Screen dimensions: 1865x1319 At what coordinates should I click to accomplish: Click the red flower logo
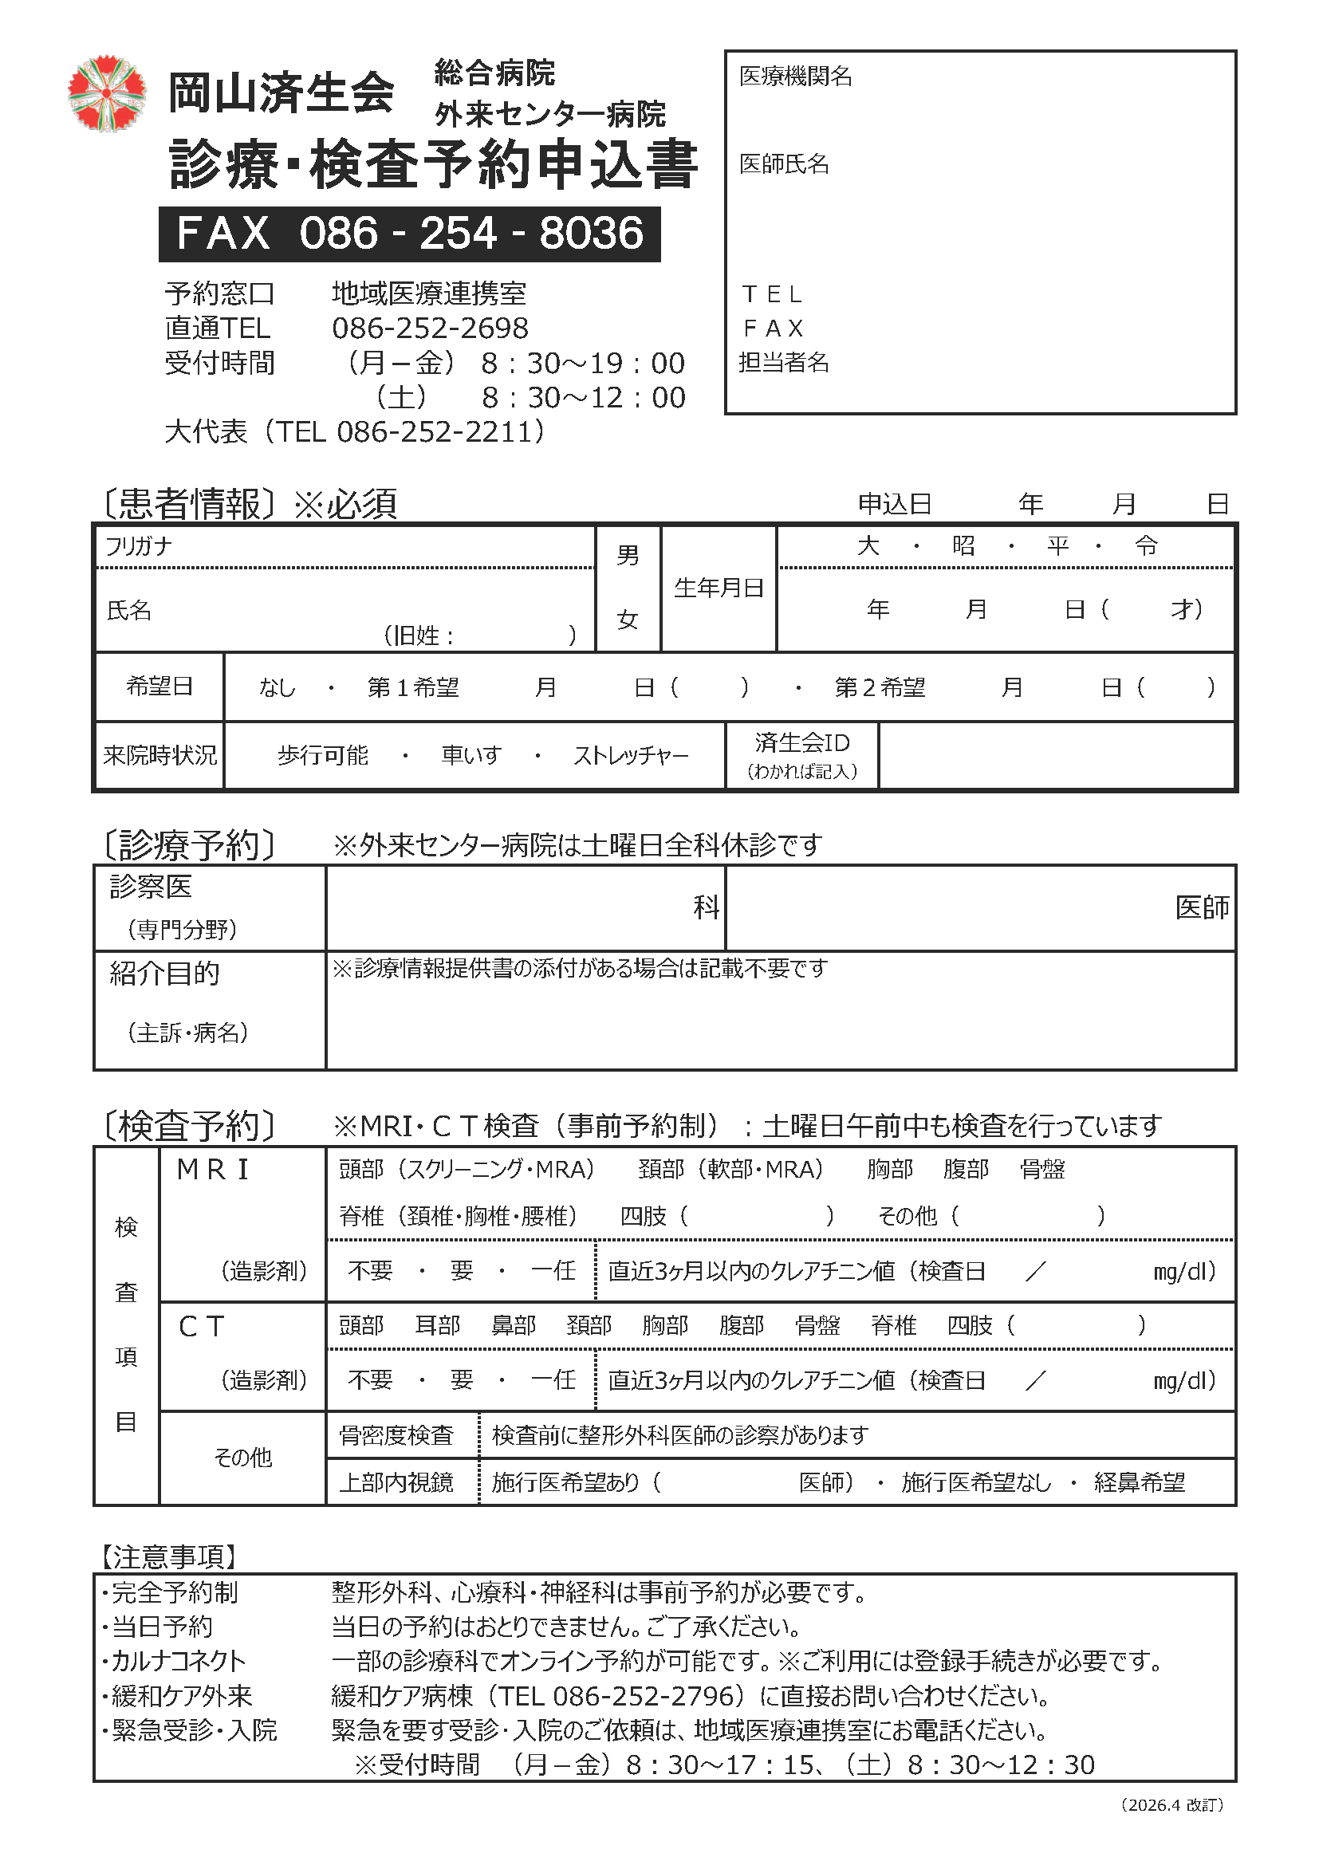click(106, 93)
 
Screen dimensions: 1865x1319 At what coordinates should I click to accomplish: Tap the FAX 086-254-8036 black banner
click(409, 234)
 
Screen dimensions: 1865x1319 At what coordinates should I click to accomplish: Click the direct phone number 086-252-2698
click(430, 329)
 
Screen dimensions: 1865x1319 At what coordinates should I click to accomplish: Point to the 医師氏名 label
click(784, 164)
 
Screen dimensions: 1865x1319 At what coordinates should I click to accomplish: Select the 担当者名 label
click(784, 362)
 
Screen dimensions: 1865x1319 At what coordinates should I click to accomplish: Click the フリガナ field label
click(139, 546)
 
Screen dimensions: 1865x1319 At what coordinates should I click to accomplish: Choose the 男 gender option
click(627, 556)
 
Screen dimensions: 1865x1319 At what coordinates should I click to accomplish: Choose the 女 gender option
click(627, 620)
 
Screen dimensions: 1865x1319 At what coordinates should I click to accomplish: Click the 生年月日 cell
click(719, 588)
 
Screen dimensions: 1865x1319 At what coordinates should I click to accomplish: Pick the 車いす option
click(471, 755)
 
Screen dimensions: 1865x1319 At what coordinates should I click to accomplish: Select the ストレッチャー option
click(630, 755)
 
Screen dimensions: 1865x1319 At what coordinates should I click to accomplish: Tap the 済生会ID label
click(801, 742)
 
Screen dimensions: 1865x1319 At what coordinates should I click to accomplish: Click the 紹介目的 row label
click(165, 973)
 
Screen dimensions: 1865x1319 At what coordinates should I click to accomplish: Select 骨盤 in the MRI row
click(1042, 1169)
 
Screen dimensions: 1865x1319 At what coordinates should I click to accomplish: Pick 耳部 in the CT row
click(438, 1326)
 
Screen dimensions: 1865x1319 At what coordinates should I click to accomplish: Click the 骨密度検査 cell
click(396, 1435)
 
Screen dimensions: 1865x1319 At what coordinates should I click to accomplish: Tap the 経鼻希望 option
click(1140, 1482)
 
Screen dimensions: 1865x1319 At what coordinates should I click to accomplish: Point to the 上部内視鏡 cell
click(396, 1482)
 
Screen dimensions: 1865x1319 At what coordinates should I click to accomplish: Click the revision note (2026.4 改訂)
click(1171, 1827)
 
